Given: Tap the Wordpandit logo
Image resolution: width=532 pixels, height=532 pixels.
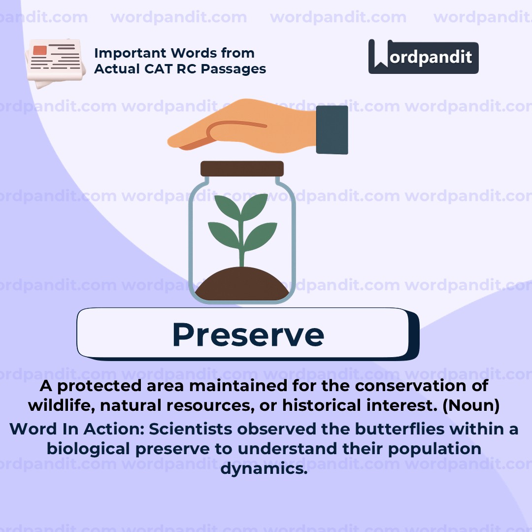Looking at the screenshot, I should coord(423,57).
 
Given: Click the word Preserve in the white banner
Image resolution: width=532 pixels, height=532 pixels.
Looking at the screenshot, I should coord(248,334).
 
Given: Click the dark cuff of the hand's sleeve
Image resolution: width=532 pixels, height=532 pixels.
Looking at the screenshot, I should coord(332,130).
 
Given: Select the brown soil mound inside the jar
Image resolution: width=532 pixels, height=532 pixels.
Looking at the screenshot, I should coord(242,285).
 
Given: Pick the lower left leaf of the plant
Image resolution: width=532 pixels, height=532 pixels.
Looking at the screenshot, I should coord(225,235).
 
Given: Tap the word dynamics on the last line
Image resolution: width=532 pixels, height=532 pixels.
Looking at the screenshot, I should coord(264,468).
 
